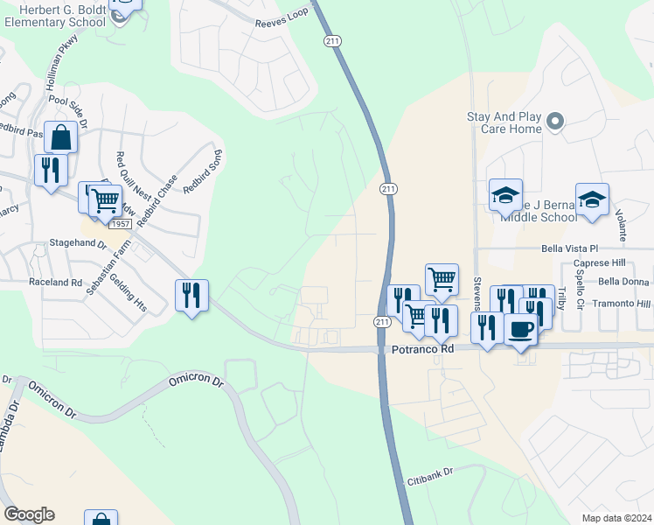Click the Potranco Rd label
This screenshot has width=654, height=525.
click(x=423, y=348)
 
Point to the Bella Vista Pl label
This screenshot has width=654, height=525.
click(x=594, y=248)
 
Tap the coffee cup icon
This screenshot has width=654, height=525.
click(x=521, y=329)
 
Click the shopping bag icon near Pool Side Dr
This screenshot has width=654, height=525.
click(x=61, y=138)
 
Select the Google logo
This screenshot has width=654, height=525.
click(x=28, y=514)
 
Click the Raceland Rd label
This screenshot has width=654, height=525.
click(x=55, y=283)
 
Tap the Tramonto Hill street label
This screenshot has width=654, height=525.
click(x=619, y=304)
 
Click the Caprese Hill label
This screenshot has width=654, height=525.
click(x=599, y=263)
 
